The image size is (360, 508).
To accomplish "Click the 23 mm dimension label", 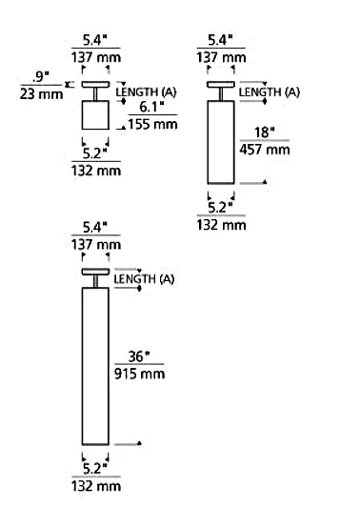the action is pos(41,94).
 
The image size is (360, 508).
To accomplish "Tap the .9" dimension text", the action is pos(40,77).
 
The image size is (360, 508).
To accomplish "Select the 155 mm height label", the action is pos(152,124).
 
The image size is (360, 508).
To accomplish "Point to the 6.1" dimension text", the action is pos(152,107).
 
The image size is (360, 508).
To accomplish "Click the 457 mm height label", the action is pos(265,150).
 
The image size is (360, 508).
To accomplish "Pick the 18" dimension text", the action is pos(264,132).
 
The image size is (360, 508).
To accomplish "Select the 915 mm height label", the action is pos(140,374).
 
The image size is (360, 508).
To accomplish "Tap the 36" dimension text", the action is pos(139,356).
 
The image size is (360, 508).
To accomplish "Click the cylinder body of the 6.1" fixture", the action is pos(95,115).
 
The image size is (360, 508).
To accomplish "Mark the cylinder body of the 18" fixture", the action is pos(221,142).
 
